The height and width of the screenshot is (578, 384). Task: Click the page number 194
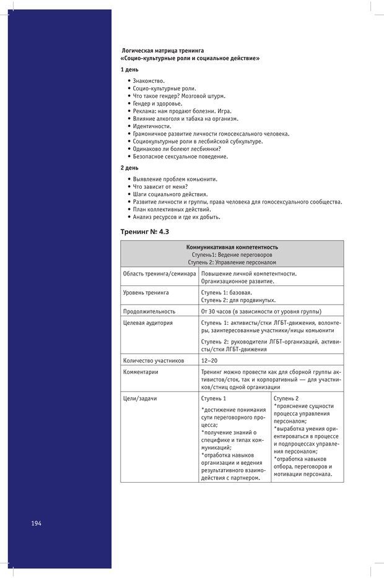coord(36,523)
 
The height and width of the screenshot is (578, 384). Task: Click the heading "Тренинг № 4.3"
coord(145,231)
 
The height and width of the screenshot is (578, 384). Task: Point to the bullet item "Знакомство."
coord(149,81)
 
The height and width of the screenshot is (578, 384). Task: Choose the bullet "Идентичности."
coord(152,126)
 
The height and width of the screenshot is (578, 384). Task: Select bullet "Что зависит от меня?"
coord(160,186)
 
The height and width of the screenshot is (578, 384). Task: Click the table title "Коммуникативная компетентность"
coord(232,247)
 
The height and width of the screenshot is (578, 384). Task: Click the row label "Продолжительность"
coord(149,311)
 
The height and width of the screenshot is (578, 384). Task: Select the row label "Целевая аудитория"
coord(148,323)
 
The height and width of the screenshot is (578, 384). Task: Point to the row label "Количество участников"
coord(154,360)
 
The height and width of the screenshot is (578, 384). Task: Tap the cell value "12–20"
coord(209,360)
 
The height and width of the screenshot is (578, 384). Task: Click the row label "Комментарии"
coord(141,372)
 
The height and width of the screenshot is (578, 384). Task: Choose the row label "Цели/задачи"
coord(140,399)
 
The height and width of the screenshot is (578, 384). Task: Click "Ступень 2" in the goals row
coord(286,399)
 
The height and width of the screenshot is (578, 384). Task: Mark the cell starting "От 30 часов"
coord(261,311)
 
